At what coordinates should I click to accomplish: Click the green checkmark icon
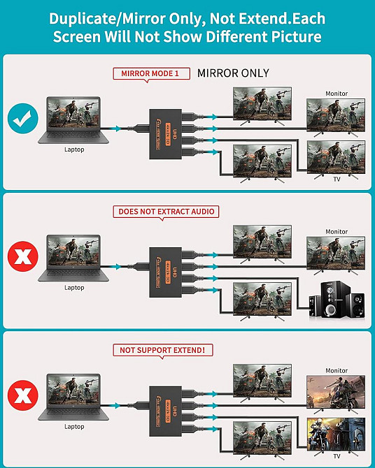23,119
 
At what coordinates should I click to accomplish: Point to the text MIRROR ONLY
233,73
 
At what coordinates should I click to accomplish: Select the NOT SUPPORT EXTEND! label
166,350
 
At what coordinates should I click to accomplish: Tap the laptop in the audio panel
74,256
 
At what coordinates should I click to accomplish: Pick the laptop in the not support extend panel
74,394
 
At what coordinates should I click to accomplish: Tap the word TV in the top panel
337,180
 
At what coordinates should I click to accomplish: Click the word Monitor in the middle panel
337,232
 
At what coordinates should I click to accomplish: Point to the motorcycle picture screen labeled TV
337,434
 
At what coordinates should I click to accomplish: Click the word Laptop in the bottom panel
74,426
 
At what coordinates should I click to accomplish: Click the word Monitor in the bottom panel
337,370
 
